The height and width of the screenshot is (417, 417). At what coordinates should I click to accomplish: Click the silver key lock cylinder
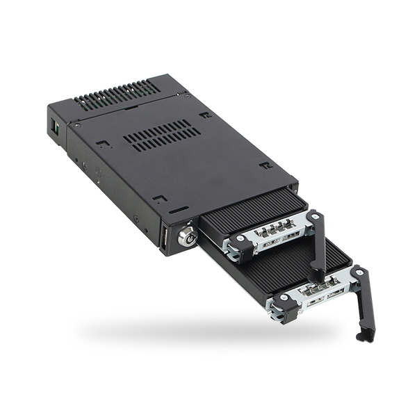186,236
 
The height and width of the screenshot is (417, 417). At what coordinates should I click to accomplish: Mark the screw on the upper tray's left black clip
240,238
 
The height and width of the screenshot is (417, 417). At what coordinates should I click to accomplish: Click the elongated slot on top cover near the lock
179,208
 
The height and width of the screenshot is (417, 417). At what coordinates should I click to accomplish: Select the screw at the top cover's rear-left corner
77,125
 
